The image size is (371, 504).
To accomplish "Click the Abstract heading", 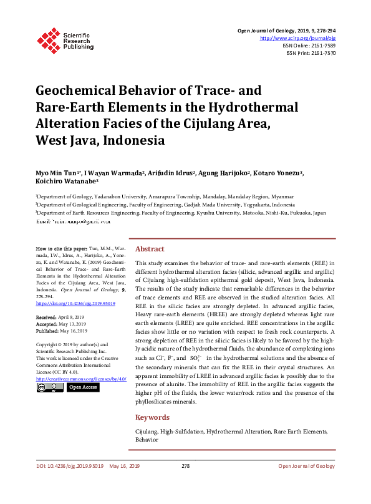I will point(150,248).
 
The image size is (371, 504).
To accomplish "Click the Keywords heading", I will point(152,417).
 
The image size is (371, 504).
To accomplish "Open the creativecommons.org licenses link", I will point(81,379).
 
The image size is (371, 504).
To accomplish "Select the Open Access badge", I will point(82,387).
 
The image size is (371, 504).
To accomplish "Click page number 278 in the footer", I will point(185,466).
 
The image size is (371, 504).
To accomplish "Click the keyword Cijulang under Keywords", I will point(146,432).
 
